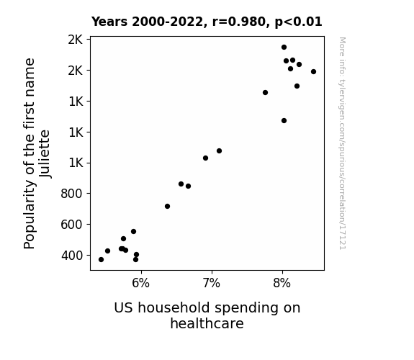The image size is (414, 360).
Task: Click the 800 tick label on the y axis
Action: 71,194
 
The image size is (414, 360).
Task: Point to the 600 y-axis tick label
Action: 71,225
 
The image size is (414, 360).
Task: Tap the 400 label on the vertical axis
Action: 72,256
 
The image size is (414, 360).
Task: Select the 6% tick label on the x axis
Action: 140,284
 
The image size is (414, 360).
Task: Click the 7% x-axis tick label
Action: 211,284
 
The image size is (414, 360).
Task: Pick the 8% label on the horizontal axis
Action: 282,284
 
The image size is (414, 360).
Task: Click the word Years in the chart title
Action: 109,22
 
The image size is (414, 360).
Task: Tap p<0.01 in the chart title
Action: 298,22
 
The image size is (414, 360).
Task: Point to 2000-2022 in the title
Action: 169,22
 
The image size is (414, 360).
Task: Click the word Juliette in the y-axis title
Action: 45,154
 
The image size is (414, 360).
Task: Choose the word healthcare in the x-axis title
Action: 207,323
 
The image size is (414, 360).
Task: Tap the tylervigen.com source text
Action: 343,143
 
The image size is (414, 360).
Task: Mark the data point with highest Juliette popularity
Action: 284,48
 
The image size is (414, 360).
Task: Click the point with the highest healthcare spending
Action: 313,71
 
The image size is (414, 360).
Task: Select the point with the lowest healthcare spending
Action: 101,260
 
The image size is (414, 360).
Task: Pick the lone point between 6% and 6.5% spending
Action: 167,207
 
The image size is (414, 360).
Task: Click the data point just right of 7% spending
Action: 219,150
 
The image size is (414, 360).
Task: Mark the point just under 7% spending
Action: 205,158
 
